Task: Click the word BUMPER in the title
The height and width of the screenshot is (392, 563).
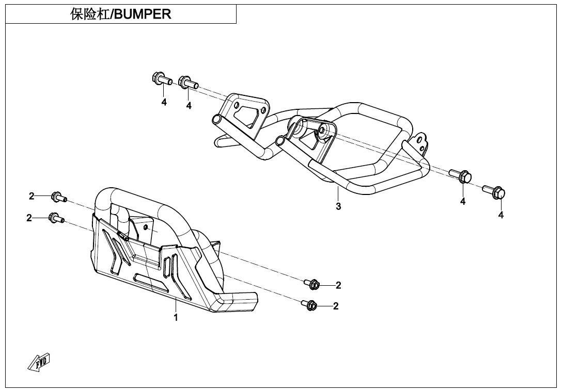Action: [143, 14]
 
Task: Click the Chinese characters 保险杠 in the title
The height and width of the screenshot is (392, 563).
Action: [90, 14]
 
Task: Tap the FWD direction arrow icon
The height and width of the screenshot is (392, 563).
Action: [39, 363]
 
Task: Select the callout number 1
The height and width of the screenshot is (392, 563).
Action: [176, 317]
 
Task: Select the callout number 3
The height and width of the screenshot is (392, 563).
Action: [338, 206]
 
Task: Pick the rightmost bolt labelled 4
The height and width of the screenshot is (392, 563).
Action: [495, 191]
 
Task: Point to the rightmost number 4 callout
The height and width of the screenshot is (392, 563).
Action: [501, 215]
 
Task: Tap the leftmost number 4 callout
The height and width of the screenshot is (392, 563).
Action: [164, 102]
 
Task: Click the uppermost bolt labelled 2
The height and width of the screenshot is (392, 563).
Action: [58, 197]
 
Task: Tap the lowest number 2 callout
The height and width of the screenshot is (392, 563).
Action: [336, 306]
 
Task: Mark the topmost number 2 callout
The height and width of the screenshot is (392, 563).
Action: [32, 196]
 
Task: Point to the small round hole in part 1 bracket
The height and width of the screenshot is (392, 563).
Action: [146, 227]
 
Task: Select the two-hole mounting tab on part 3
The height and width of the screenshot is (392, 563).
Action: [420, 143]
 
